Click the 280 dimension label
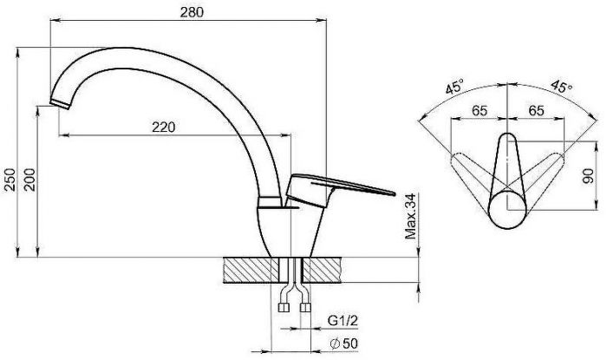(192, 12)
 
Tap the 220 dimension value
(163, 127)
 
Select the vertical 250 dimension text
(10, 180)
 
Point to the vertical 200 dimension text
(29, 180)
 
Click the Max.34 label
(410, 216)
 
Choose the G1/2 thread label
(343, 320)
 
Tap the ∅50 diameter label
(343, 344)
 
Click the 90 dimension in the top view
(588, 176)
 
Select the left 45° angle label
(454, 87)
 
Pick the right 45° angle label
(562, 86)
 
